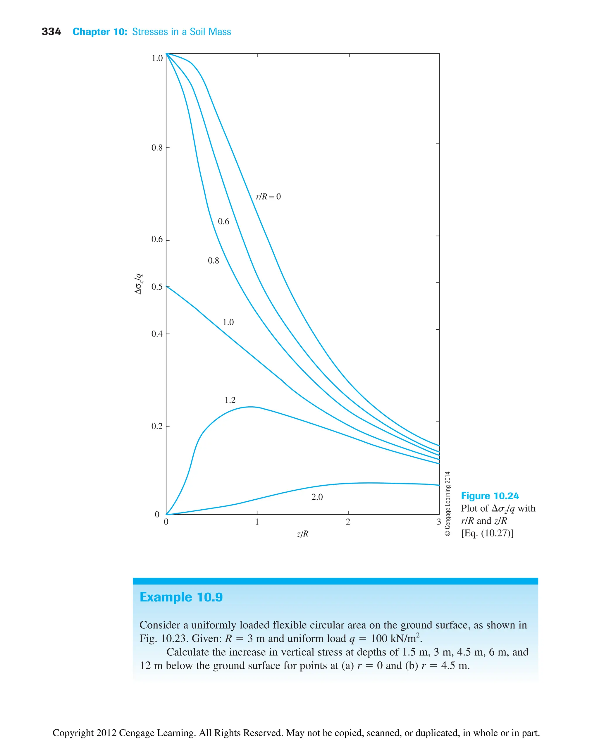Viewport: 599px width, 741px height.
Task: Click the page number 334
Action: click(x=51, y=32)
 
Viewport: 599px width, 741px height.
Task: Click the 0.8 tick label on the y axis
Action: click(x=157, y=148)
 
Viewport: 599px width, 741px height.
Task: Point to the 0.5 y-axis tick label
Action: click(x=157, y=287)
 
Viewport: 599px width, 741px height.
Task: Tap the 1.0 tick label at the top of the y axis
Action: click(x=157, y=58)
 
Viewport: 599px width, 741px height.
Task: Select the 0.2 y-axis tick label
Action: click(x=157, y=426)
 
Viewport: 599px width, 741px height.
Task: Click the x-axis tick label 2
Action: click(x=348, y=522)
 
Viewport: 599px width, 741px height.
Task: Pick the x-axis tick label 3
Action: click(x=438, y=522)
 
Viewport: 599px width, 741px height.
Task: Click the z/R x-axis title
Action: click(x=303, y=534)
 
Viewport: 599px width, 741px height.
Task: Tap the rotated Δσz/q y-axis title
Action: click(x=138, y=284)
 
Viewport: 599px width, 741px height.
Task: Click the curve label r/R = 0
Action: click(x=268, y=197)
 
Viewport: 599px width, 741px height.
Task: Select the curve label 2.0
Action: click(x=317, y=497)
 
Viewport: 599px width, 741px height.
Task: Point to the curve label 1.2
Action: click(x=230, y=400)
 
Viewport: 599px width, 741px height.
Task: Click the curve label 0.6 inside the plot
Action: click(x=223, y=221)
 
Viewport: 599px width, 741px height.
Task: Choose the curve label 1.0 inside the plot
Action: click(x=228, y=322)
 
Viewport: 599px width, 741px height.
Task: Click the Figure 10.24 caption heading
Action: click(x=490, y=496)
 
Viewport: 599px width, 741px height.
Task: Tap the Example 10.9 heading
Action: click(x=181, y=597)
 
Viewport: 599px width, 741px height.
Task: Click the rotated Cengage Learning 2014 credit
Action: click(x=447, y=503)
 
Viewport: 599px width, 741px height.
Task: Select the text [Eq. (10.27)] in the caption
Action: click(x=487, y=533)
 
